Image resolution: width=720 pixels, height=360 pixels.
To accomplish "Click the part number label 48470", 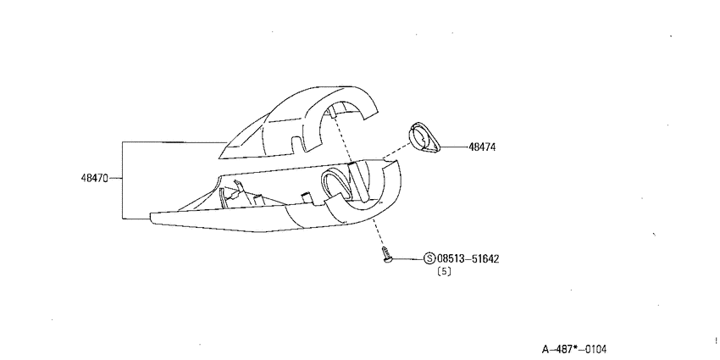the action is (x=94, y=178).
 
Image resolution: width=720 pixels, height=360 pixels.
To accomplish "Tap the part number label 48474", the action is (x=482, y=147).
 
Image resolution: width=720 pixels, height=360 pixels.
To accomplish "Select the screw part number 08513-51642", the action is (x=468, y=259).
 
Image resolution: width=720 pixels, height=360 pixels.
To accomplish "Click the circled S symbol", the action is (x=429, y=259).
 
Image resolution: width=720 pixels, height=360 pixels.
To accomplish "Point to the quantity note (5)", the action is (x=444, y=271).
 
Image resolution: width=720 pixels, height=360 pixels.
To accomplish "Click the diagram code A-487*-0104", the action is (x=574, y=350).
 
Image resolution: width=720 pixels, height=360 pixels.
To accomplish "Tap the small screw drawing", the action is (x=386, y=255).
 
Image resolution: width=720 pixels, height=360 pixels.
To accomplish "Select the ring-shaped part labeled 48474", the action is (x=424, y=137).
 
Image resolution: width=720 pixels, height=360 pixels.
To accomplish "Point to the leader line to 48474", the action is (x=454, y=147).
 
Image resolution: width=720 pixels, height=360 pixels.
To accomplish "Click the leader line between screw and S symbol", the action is (x=407, y=259).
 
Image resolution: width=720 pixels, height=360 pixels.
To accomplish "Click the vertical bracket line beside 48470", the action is (x=123, y=180).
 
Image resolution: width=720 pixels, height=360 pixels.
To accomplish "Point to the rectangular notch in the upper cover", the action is (x=298, y=143).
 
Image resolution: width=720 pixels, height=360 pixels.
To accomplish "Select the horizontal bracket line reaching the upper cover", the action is (x=175, y=142).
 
